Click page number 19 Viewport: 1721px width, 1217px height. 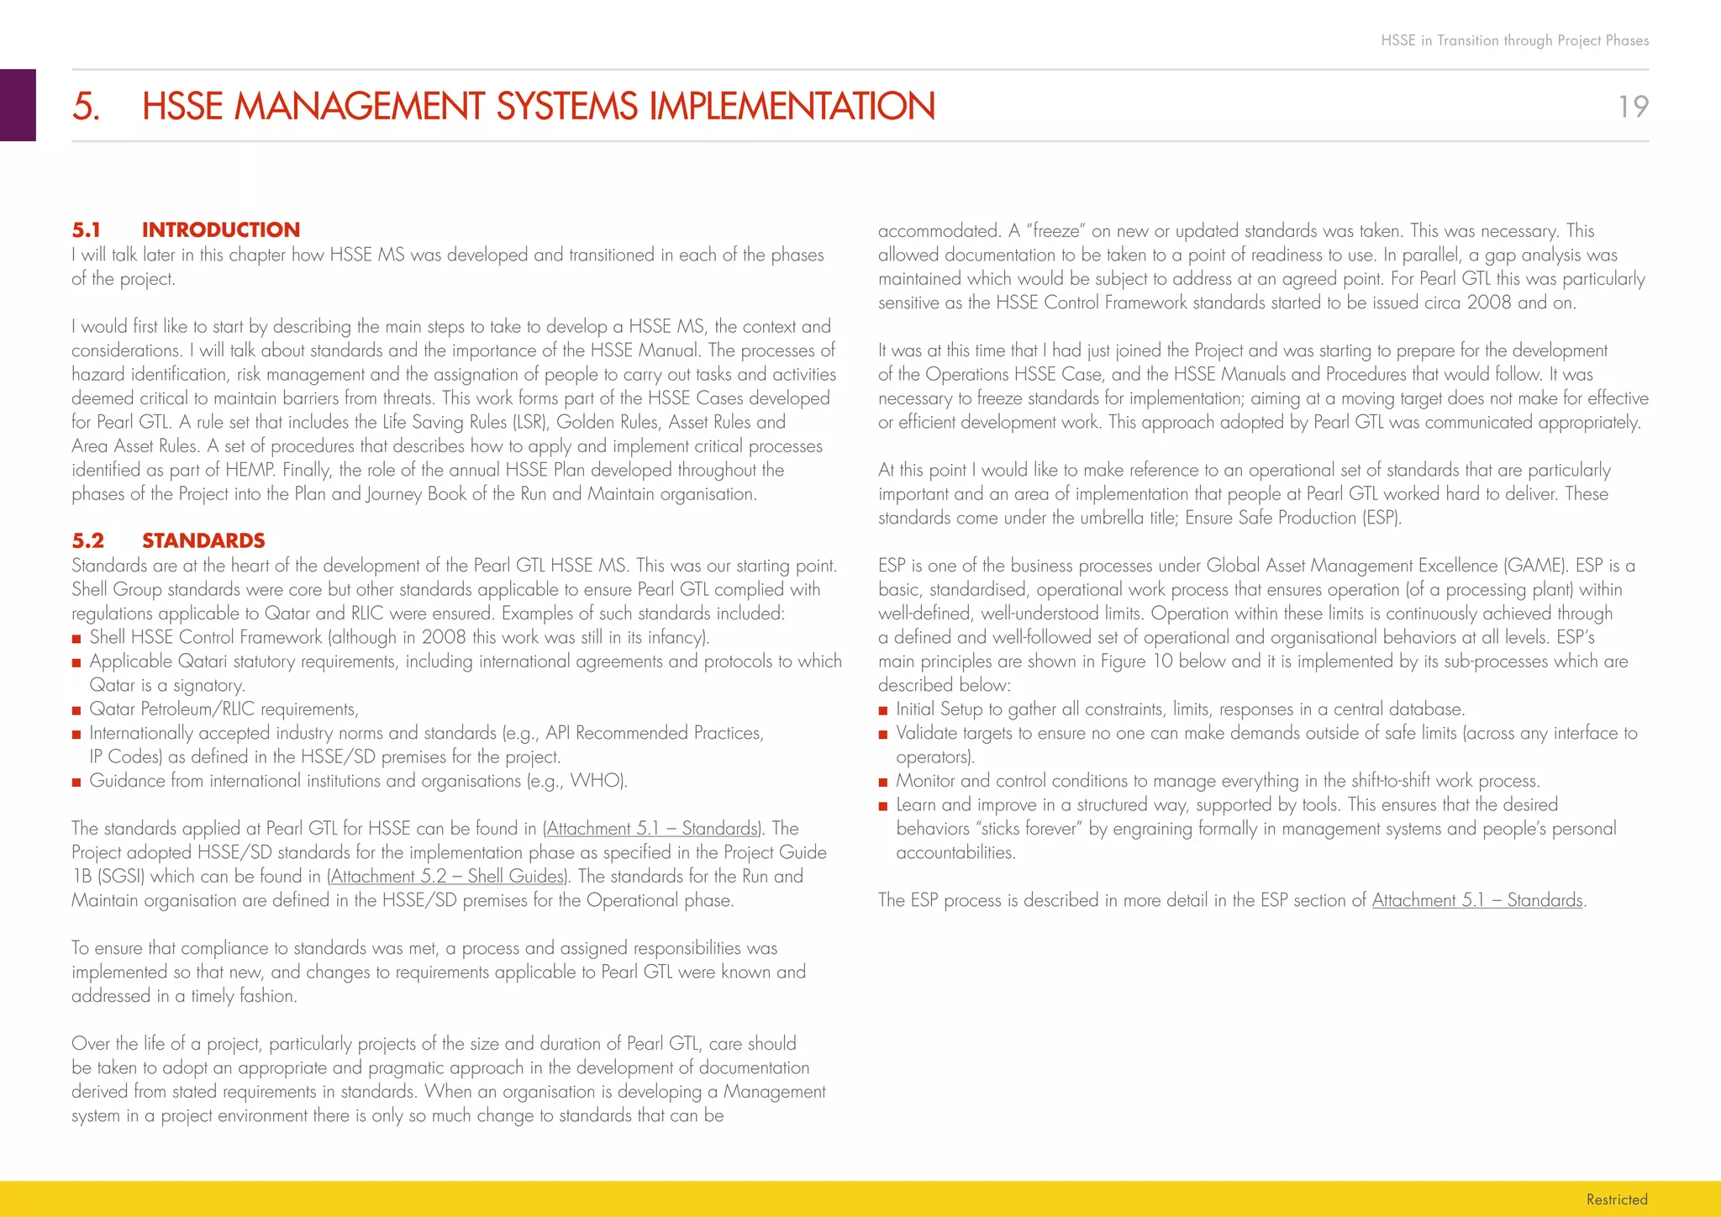tap(1633, 107)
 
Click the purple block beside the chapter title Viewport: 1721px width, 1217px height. tap(18, 105)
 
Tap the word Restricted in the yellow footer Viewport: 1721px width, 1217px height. tap(1616, 1199)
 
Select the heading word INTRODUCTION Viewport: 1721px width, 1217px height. tap(220, 230)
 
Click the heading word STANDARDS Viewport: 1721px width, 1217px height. tap(203, 540)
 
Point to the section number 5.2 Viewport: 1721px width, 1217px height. tap(87, 540)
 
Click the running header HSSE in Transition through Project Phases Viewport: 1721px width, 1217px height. tap(1514, 40)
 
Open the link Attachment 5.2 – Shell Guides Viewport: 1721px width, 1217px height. tap(447, 877)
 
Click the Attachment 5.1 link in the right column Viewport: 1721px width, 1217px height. tap(1477, 900)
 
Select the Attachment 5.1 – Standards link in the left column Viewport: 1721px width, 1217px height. tap(652, 829)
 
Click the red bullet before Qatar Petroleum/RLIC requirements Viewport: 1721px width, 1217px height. tap(76, 711)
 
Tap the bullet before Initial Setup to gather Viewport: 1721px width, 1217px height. tap(883, 711)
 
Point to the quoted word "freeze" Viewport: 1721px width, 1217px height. tap(1055, 231)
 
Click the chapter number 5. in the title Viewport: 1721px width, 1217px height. tap(86, 107)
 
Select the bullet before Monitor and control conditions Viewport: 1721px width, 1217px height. tap(883, 782)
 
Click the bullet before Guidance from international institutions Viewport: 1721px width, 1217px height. tap(76, 782)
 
